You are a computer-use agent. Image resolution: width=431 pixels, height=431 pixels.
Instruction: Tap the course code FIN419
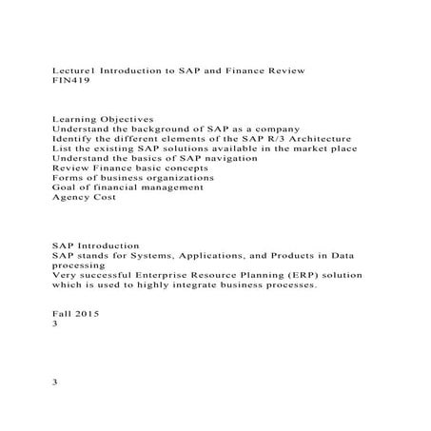coord(69,83)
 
